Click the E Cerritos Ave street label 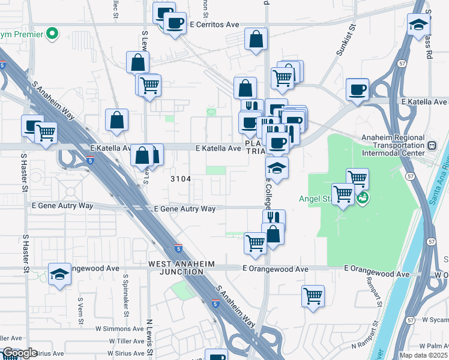214,25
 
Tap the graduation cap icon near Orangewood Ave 59,274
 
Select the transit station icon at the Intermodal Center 431,146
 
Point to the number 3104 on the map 181,179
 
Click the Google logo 19,353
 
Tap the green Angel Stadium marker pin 362,197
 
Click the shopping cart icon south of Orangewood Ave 313,295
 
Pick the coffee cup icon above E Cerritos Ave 175,23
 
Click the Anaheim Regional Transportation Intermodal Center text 397,145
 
